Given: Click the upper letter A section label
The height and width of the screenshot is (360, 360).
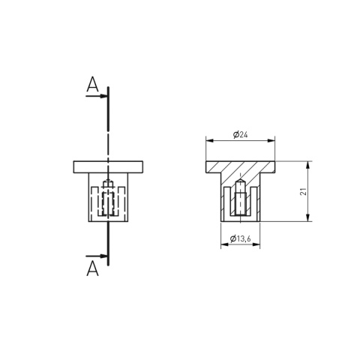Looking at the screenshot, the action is [x=92, y=85].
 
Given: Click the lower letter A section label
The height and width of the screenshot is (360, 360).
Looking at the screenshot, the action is [x=92, y=268].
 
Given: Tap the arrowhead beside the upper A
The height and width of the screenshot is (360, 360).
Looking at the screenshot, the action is [x=103, y=96].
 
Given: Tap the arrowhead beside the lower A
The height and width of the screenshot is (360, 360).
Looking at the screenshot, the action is [x=103, y=256].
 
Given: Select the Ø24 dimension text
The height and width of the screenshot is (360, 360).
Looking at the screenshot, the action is [x=240, y=135].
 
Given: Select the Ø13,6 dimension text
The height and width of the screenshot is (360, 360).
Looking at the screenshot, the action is [x=240, y=238].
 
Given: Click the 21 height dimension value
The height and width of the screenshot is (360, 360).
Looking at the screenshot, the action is [x=303, y=191].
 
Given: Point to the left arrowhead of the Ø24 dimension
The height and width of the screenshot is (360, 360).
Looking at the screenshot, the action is [x=210, y=141].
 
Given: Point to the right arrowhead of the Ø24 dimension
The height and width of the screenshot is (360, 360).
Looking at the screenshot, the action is [x=271, y=141].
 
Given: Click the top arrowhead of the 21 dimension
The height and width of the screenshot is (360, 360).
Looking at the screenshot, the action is [x=308, y=165].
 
